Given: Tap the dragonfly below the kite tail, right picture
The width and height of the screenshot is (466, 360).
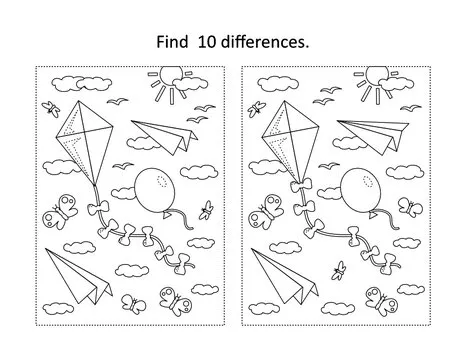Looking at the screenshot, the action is point(341,267).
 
